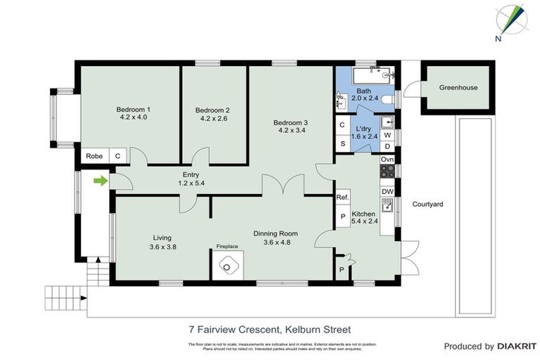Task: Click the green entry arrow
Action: [101, 181]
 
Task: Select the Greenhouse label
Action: [458, 88]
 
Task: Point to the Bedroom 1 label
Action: [134, 110]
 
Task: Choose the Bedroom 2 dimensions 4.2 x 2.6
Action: [212, 119]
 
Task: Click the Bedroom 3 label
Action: [290, 122]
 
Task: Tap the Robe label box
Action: [93, 156]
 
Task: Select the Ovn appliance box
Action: [387, 160]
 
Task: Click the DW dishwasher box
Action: [387, 191]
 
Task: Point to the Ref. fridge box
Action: [342, 198]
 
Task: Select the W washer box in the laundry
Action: [387, 134]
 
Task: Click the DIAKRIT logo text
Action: [513, 346]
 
